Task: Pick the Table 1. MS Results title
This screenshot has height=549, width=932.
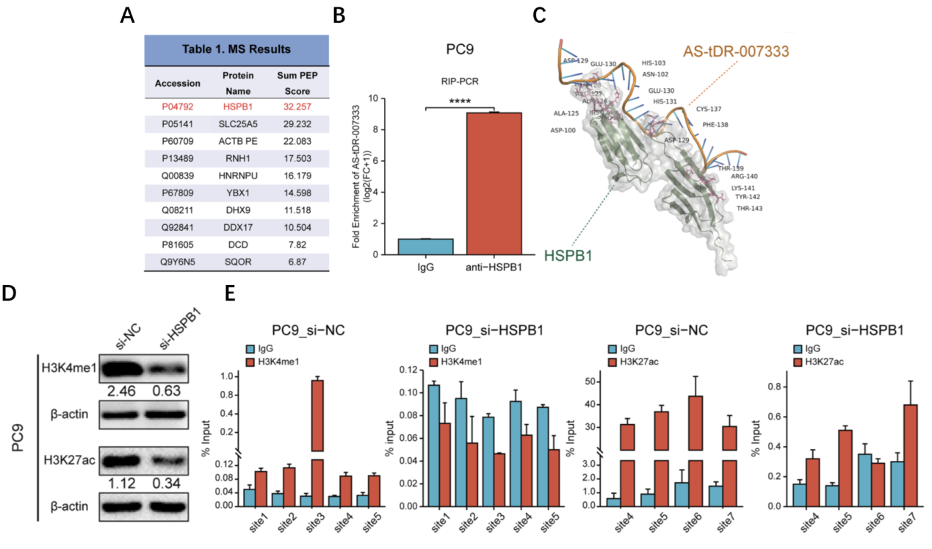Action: coord(236,50)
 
